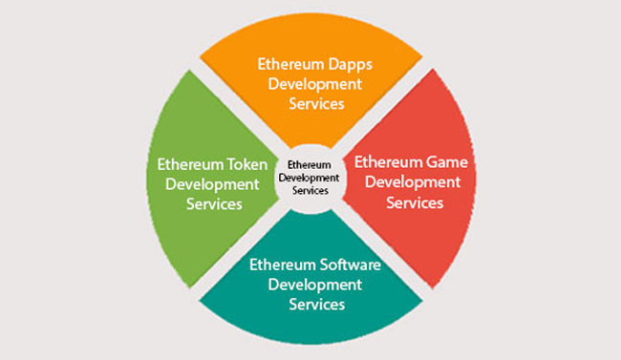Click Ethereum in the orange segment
pos(289,64)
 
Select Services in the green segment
pos(213,203)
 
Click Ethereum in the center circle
pos(309,164)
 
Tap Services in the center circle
pos(309,190)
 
